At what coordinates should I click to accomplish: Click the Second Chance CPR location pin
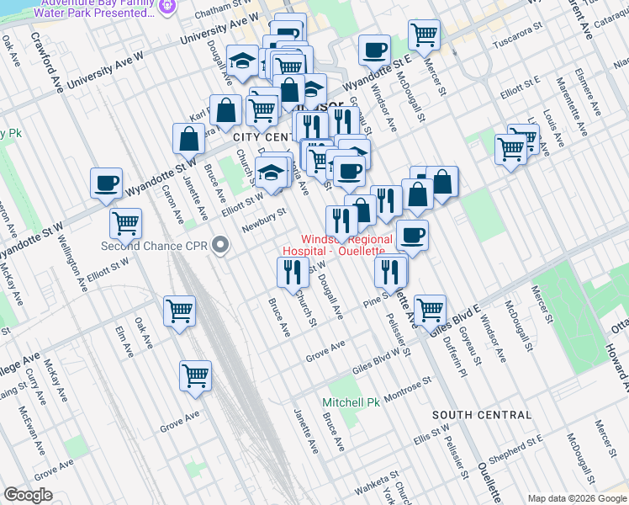221,246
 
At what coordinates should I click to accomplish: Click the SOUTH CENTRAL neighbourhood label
482,415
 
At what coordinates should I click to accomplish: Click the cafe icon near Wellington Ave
107,183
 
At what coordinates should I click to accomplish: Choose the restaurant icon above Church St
288,271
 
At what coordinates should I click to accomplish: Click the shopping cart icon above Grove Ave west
195,375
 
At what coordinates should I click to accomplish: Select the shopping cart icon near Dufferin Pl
430,309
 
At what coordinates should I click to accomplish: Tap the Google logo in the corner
27,495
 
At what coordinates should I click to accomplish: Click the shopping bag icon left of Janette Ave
188,138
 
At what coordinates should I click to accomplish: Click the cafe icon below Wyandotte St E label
373,49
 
